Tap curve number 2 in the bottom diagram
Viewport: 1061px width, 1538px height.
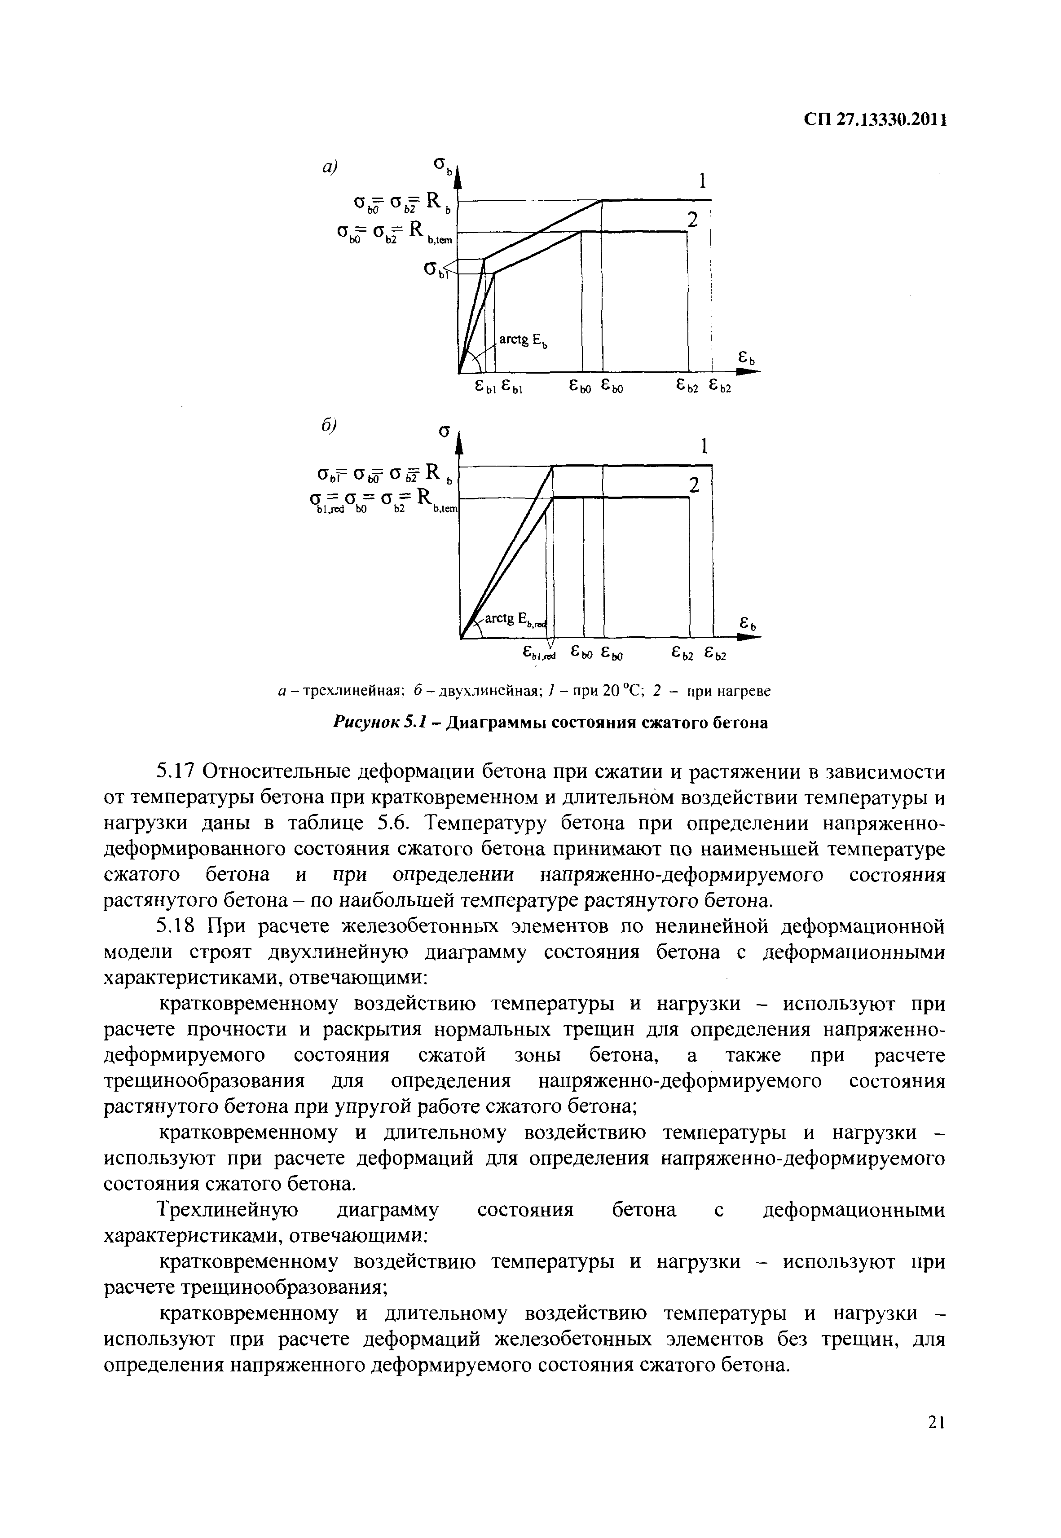click(x=694, y=486)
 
